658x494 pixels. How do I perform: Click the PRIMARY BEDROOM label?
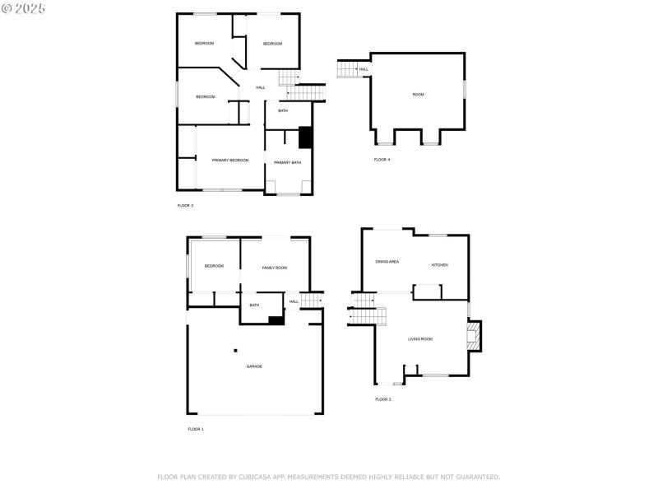230,160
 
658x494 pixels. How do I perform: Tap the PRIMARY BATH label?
288,162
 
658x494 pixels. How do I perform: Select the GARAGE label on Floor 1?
254,366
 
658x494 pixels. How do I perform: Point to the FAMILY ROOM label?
275,268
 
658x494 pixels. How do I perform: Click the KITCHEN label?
440,264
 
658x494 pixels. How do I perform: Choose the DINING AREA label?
387,261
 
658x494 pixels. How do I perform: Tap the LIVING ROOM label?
420,338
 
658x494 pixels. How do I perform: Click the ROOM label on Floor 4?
419,95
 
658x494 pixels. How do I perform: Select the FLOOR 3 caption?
185,205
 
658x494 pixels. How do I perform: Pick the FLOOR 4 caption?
382,159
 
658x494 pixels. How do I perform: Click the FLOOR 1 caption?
196,429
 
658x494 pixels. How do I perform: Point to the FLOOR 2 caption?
383,399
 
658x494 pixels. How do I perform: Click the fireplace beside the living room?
474,336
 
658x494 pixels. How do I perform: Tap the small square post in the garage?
234,349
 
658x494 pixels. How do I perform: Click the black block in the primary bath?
305,137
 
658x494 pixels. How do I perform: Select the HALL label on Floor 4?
364,69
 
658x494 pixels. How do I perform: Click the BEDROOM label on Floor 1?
215,265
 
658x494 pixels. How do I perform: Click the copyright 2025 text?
24,7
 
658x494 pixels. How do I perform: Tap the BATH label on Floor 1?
254,305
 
